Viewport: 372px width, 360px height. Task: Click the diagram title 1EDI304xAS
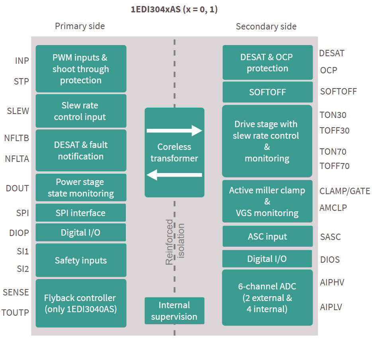(174, 10)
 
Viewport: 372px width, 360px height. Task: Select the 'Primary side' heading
(80, 26)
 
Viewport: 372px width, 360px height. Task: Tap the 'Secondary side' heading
(266, 27)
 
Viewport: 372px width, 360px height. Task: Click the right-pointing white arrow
(174, 130)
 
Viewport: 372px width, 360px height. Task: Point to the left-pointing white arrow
(174, 175)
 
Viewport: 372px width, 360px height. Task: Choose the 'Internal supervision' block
(174, 311)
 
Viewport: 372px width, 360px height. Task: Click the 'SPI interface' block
(80, 213)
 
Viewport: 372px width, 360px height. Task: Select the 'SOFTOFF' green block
(267, 92)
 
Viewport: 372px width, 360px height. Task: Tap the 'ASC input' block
(267, 236)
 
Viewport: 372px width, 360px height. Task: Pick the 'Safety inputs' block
(80, 260)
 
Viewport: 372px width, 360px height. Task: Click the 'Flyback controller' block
(80, 303)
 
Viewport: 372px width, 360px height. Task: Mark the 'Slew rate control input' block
(80, 111)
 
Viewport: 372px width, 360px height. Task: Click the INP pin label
(22, 61)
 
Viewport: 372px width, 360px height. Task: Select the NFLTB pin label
(17, 138)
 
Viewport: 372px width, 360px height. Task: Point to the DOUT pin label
(18, 188)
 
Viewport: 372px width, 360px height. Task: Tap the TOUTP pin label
(15, 313)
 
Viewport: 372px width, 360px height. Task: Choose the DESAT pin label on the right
(332, 53)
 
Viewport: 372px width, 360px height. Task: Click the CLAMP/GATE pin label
(345, 191)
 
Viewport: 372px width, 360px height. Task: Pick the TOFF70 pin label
(334, 166)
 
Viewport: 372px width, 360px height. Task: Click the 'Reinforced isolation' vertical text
(175, 242)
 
